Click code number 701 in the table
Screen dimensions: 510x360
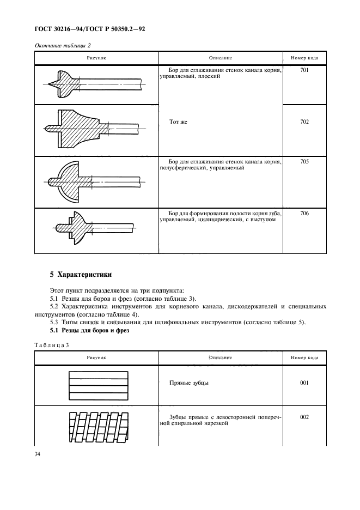click(x=304, y=70)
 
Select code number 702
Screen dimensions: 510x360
click(x=304, y=122)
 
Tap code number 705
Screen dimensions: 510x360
click(x=304, y=162)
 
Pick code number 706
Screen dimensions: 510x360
click(x=304, y=213)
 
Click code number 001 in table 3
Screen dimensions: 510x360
click(x=304, y=382)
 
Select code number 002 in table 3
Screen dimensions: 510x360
click(x=304, y=417)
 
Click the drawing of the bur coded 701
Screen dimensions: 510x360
click(x=93, y=84)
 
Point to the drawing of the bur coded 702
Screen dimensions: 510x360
click(x=93, y=130)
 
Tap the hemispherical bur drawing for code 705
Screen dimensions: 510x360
click(x=93, y=181)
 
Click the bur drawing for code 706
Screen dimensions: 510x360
click(x=93, y=229)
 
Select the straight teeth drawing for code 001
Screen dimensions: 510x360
click(x=98, y=386)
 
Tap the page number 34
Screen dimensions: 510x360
click(x=39, y=454)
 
